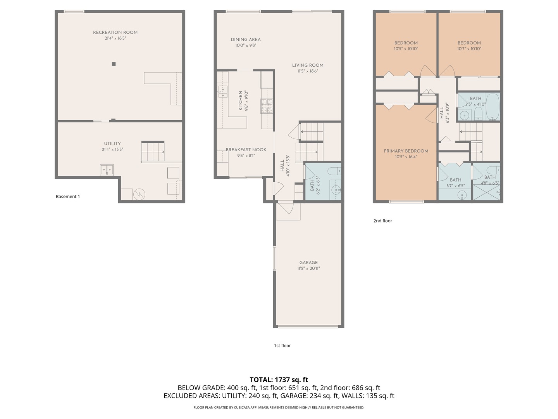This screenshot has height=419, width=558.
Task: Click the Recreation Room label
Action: pos(115,33)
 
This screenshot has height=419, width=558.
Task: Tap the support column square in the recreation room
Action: pos(114,64)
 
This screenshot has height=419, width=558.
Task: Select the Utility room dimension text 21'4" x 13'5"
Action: pos(112,149)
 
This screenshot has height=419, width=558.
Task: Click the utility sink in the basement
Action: pos(107,170)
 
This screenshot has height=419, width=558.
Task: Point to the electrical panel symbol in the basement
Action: pos(139,194)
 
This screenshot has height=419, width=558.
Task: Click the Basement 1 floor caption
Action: pos(68,197)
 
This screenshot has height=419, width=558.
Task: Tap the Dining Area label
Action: pos(246,40)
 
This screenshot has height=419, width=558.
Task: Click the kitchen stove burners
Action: pos(267,106)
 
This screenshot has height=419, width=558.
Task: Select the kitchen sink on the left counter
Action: pos(223,92)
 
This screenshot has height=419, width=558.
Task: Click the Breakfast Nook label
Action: pos(246,150)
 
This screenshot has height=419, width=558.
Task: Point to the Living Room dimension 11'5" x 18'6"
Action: pos(308,71)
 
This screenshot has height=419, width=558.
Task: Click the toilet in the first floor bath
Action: pos(333,171)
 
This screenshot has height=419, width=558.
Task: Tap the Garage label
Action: pos(308,263)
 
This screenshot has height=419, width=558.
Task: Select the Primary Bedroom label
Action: pos(406,151)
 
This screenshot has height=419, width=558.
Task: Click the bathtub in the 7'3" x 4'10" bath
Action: pos(492,107)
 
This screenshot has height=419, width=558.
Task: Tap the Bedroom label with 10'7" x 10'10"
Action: pos(469,43)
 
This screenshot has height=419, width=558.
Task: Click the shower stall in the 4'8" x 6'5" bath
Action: pos(487,193)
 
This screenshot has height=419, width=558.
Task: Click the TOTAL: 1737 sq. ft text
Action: pos(279,380)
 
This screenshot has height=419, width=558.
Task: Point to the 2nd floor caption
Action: pos(382,221)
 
